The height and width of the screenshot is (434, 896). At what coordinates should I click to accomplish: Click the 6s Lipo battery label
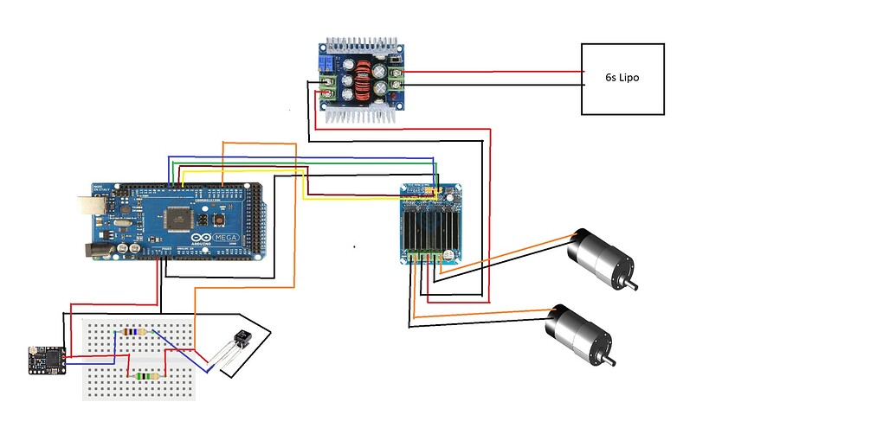pyautogui.click(x=622, y=78)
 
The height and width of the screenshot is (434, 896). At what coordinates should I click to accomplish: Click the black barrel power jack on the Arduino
pyautogui.click(x=96, y=250)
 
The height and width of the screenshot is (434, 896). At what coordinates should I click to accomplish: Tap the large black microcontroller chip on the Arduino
pyautogui.click(x=177, y=220)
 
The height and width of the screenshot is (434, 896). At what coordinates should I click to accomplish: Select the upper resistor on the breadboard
pyautogui.click(x=135, y=331)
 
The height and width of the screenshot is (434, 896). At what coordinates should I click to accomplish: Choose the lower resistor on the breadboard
pyautogui.click(x=147, y=375)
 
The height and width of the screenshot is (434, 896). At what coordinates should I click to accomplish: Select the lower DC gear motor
pyautogui.click(x=577, y=333)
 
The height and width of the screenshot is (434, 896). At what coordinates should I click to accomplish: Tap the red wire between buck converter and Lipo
pyautogui.click(x=493, y=72)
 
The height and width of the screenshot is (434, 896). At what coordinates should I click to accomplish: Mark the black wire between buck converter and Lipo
pyautogui.click(x=493, y=85)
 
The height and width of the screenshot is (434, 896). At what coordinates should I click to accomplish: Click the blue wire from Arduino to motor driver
pyautogui.click(x=303, y=157)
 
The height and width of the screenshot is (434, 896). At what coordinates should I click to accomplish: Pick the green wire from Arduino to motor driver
pyautogui.click(x=303, y=163)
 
